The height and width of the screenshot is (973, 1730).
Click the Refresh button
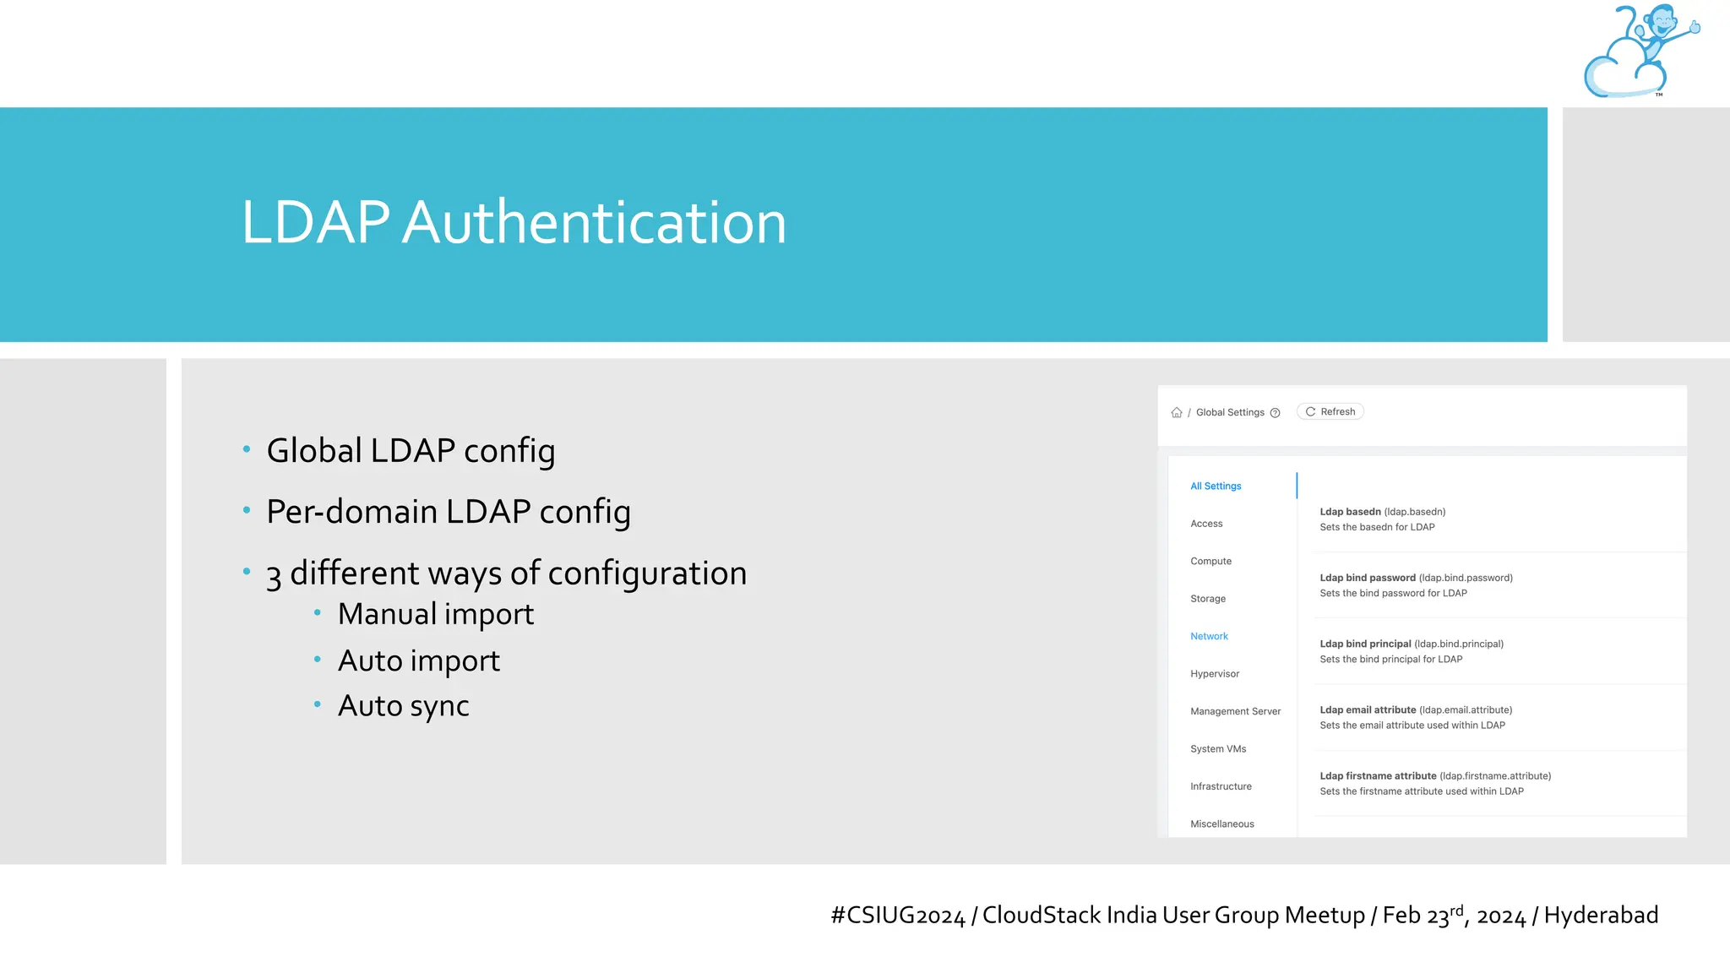click(1330, 412)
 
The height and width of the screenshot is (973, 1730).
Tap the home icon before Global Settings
click(1177, 413)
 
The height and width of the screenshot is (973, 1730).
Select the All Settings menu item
click(1216, 486)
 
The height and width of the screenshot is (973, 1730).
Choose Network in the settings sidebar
click(1209, 637)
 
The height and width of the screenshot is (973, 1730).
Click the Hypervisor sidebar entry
click(1215, 674)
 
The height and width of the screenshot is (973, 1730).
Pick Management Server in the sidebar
click(1235, 712)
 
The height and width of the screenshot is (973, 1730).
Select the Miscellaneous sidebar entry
click(1221, 824)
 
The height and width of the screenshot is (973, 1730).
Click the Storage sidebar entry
click(1208, 599)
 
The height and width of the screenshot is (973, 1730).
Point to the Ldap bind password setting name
click(1368, 579)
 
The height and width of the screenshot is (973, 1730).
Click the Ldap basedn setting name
click(1350, 512)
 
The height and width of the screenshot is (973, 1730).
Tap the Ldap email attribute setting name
click(1368, 710)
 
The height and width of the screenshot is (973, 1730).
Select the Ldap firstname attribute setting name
click(1378, 776)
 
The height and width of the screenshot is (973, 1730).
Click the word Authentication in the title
click(594, 223)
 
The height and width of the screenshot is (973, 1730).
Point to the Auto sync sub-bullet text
click(403, 706)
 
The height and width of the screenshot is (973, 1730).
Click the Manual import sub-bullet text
click(435, 614)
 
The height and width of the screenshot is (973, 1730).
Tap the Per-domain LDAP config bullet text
click(448, 512)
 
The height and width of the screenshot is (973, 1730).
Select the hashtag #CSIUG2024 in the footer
click(897, 916)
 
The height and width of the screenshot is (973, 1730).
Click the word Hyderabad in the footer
click(1601, 916)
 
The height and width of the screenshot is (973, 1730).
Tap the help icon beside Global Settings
click(1276, 413)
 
